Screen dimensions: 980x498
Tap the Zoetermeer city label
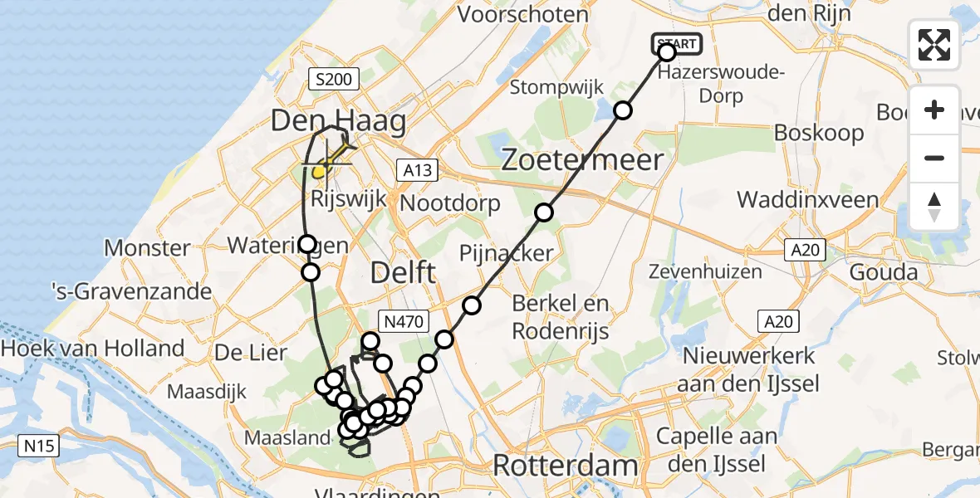[583, 159]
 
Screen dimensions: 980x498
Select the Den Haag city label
[339, 121]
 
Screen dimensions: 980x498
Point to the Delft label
[403, 271]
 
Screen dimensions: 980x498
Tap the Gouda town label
[883, 271]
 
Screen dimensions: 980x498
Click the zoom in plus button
[934, 110]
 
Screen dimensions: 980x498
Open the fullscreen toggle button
[934, 44]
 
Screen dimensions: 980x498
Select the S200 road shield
[334, 80]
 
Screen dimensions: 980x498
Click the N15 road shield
[39, 447]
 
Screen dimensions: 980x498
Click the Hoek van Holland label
[93, 349]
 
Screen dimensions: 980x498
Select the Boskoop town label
[819, 133]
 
